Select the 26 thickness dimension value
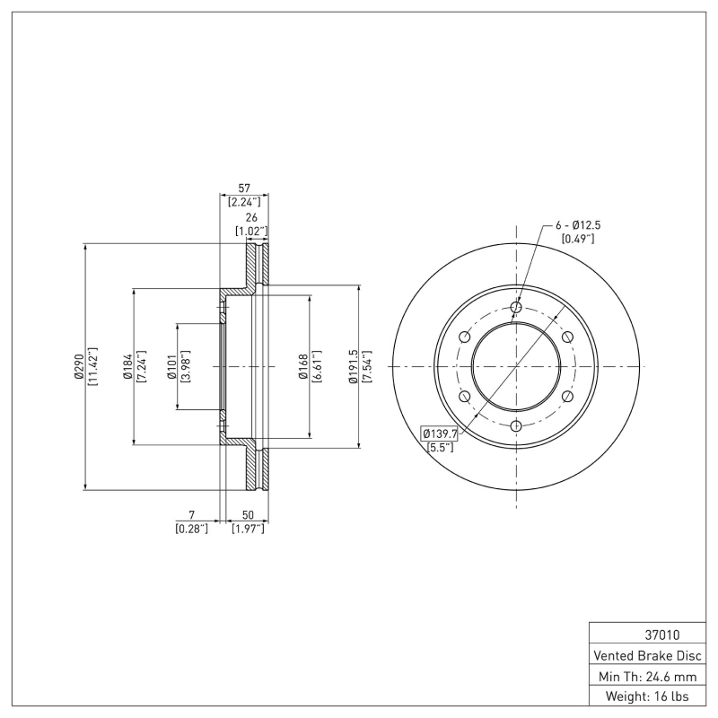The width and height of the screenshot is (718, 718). (x=251, y=218)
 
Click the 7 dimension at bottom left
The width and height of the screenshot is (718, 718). (x=191, y=515)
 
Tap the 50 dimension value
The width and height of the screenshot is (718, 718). (x=247, y=515)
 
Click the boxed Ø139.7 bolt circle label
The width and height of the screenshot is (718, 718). (x=440, y=433)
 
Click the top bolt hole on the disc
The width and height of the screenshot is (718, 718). (x=516, y=308)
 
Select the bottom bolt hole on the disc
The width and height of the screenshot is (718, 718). (x=516, y=426)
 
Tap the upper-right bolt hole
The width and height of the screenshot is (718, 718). (x=567, y=337)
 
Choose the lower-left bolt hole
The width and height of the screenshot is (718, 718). (x=464, y=397)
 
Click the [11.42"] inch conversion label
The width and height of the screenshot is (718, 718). (x=92, y=367)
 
